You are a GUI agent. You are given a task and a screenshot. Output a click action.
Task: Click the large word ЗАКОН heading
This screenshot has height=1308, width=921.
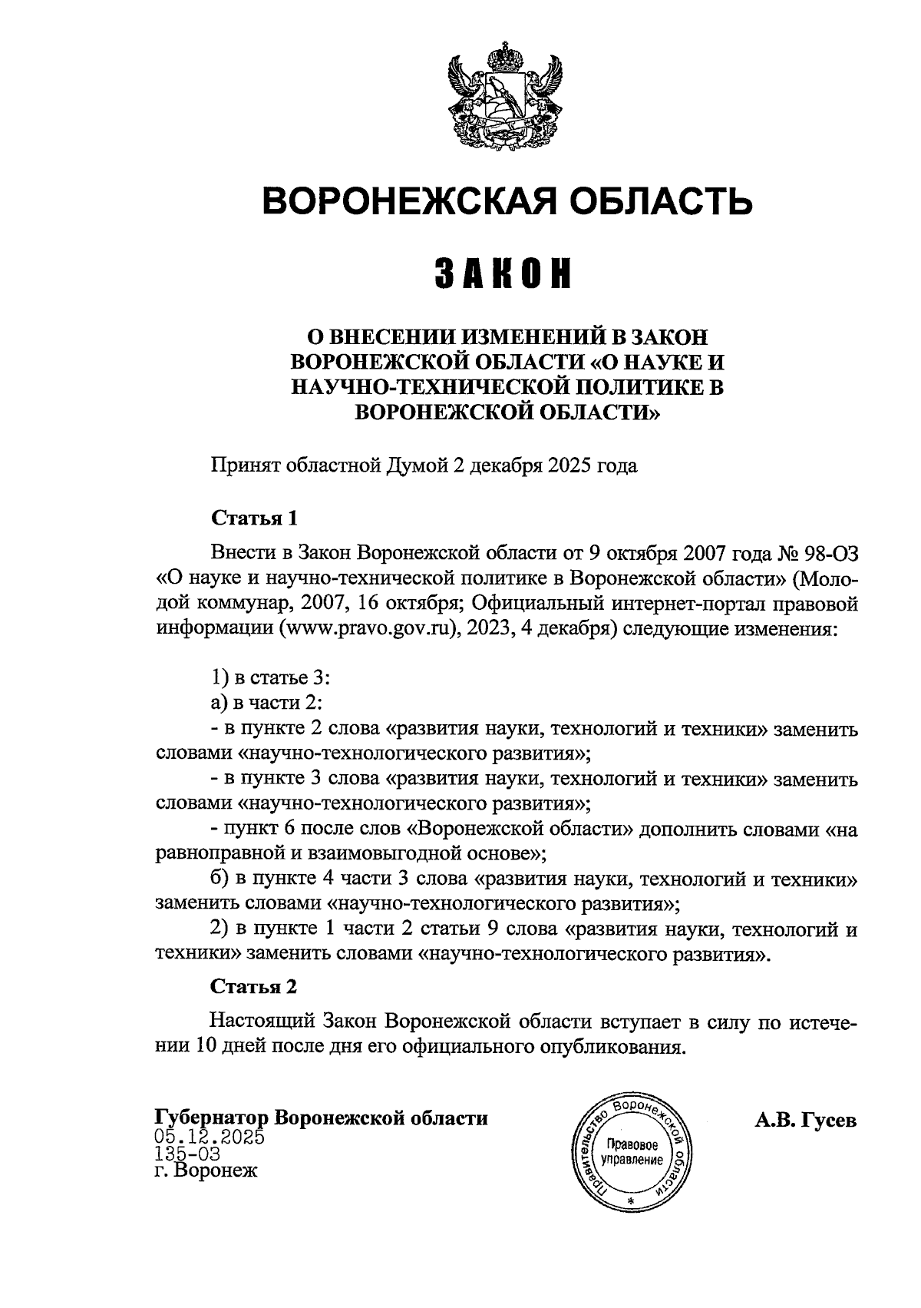coord(504,274)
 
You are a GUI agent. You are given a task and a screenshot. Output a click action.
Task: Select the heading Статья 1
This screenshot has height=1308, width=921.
coord(253,518)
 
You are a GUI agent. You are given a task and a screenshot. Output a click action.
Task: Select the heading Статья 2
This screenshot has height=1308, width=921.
coord(253,986)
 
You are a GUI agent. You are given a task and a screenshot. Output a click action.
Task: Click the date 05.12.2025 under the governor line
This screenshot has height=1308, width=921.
coord(209,1137)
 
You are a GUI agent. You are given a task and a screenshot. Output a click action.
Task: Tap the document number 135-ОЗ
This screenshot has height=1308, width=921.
coord(187,1154)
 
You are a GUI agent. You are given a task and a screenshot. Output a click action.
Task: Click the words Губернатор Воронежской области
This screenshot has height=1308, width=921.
coord(322,1118)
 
